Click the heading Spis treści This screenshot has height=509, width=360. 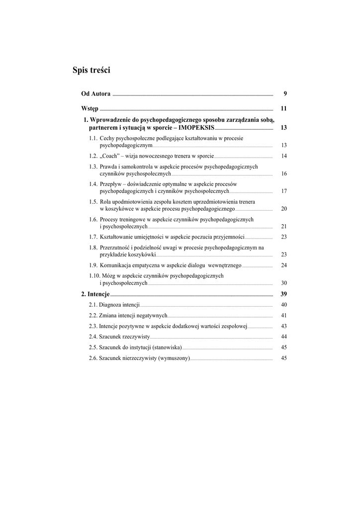pos(91,71)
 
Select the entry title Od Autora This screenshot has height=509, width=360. pos(96,94)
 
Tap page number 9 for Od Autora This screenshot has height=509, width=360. pos(285,94)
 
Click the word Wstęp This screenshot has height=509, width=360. pos(90,108)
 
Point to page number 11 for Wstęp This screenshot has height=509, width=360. pos(284,108)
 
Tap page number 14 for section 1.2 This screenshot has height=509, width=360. pos(284,156)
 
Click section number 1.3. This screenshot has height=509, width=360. pos(93,167)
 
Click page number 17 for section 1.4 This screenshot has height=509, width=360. pos(284,191)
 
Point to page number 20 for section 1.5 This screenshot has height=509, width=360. pos(284,209)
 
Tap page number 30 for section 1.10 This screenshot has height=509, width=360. pos(284,283)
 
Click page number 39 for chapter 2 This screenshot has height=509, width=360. pos(284,294)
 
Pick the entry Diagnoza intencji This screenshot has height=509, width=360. pos(119,305)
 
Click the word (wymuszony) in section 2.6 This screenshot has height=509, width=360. pos(174,358)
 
